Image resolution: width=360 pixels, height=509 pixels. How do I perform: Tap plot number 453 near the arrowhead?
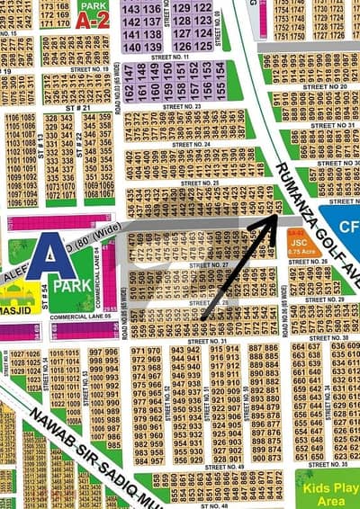tap(279, 207)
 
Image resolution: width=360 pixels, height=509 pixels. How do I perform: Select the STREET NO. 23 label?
tap(181, 106)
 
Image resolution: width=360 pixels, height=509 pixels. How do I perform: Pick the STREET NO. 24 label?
tap(191, 143)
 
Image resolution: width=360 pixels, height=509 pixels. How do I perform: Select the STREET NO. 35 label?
tap(328, 464)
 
